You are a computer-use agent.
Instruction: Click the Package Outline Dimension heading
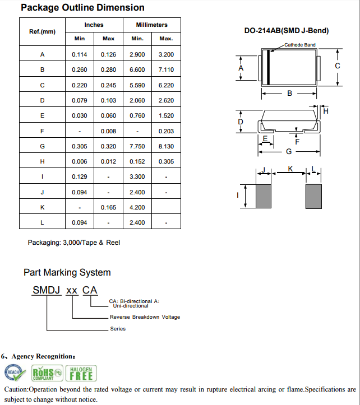(82, 8)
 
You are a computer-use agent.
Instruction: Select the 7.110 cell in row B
(166, 70)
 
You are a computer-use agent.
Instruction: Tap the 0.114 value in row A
(80, 55)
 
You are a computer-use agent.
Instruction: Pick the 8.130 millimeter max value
(166, 146)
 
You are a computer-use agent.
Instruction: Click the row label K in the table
(43, 207)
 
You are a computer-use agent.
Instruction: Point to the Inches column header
(94, 25)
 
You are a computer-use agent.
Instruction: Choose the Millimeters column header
(151, 25)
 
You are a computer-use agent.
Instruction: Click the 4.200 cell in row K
(137, 207)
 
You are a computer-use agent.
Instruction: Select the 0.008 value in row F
(108, 131)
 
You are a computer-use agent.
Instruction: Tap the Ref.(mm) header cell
(43, 31)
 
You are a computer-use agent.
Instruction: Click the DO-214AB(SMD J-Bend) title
(287, 31)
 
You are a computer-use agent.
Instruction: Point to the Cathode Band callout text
(300, 45)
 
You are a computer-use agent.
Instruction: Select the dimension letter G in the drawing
(289, 151)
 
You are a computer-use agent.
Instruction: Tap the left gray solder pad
(264, 196)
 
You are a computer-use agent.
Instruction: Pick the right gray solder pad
(313, 196)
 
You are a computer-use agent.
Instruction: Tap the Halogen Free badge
(81, 373)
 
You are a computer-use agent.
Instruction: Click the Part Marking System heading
(67, 273)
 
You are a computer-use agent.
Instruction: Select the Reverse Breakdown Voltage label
(145, 317)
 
